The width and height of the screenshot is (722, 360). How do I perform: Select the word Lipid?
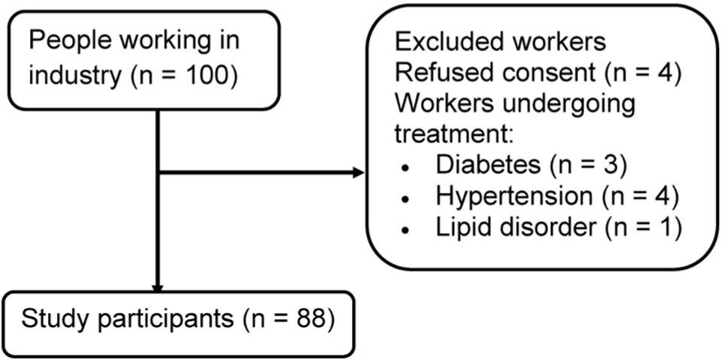[x=458, y=228]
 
